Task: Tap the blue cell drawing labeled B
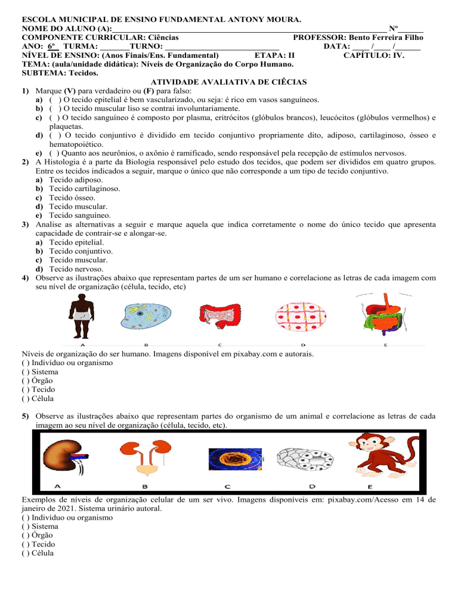pyautogui.click(x=146, y=316)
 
